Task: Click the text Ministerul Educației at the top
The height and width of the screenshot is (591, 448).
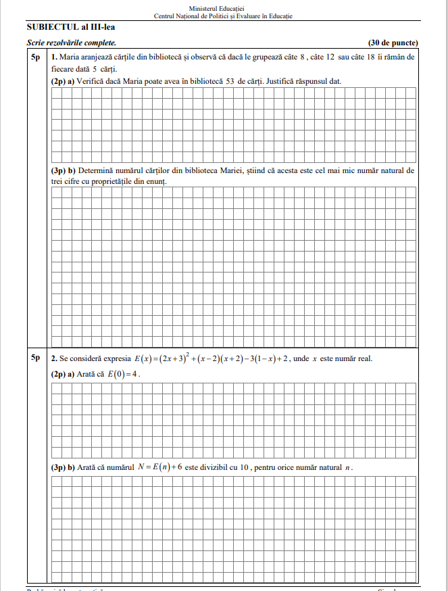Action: tap(223, 7)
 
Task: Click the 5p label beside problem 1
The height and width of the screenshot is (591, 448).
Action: tap(37, 57)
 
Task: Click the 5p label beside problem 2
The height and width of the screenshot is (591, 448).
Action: tap(37, 358)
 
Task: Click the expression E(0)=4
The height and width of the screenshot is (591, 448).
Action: tap(123, 374)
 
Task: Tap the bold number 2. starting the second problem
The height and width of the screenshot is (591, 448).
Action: tap(54, 358)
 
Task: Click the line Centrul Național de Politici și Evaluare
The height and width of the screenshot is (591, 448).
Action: tap(223, 16)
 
